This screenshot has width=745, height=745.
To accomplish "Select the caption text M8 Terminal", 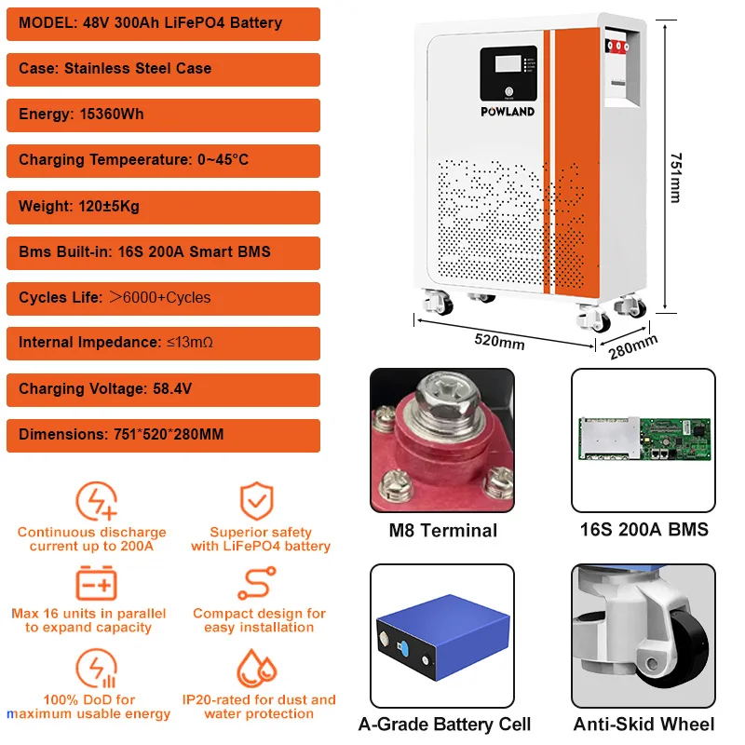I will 442,531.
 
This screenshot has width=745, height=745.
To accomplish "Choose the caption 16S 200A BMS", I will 643,530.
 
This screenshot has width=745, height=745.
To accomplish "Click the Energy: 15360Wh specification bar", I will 163,115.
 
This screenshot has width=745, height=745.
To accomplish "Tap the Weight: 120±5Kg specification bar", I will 163,206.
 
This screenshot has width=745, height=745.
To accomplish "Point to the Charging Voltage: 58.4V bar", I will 163,388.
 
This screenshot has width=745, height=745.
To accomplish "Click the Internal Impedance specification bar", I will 163,343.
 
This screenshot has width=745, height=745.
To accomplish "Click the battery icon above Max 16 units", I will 96,584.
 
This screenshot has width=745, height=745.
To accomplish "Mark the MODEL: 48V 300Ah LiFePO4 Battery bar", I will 163,22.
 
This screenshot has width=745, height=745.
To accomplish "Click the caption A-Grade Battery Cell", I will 444,724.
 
